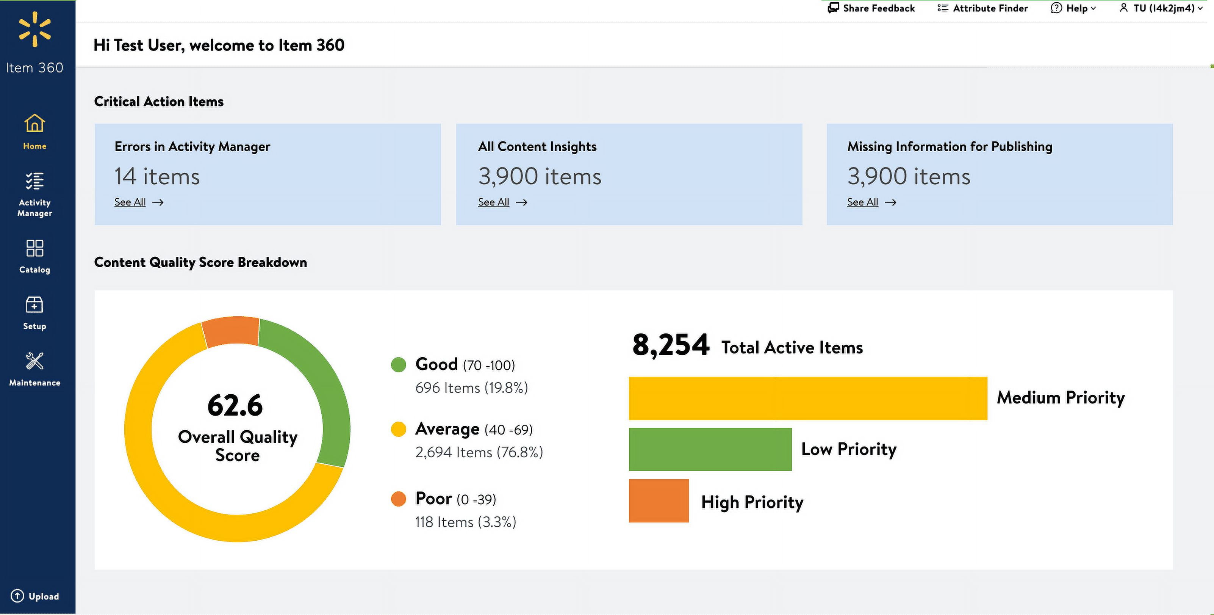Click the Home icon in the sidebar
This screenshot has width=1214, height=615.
coord(34,124)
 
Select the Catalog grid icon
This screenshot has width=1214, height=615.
coord(34,249)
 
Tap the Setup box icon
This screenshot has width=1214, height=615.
coord(34,305)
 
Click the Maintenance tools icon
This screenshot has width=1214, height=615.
coord(34,362)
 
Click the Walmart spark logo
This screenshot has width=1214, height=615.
coord(34,29)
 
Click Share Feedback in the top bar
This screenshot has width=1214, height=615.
coord(871,8)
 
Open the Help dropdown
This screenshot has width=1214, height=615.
coord(1073,8)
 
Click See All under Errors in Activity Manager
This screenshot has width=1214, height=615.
coord(130,202)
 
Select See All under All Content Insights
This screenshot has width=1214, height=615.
coord(493,202)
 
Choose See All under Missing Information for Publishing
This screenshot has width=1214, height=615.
coord(862,202)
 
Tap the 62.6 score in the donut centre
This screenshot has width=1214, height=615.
coord(235,405)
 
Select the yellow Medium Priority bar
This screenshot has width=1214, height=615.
coord(807,398)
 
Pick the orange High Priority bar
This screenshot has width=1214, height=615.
coord(659,501)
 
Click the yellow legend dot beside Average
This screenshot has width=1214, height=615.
coord(398,429)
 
